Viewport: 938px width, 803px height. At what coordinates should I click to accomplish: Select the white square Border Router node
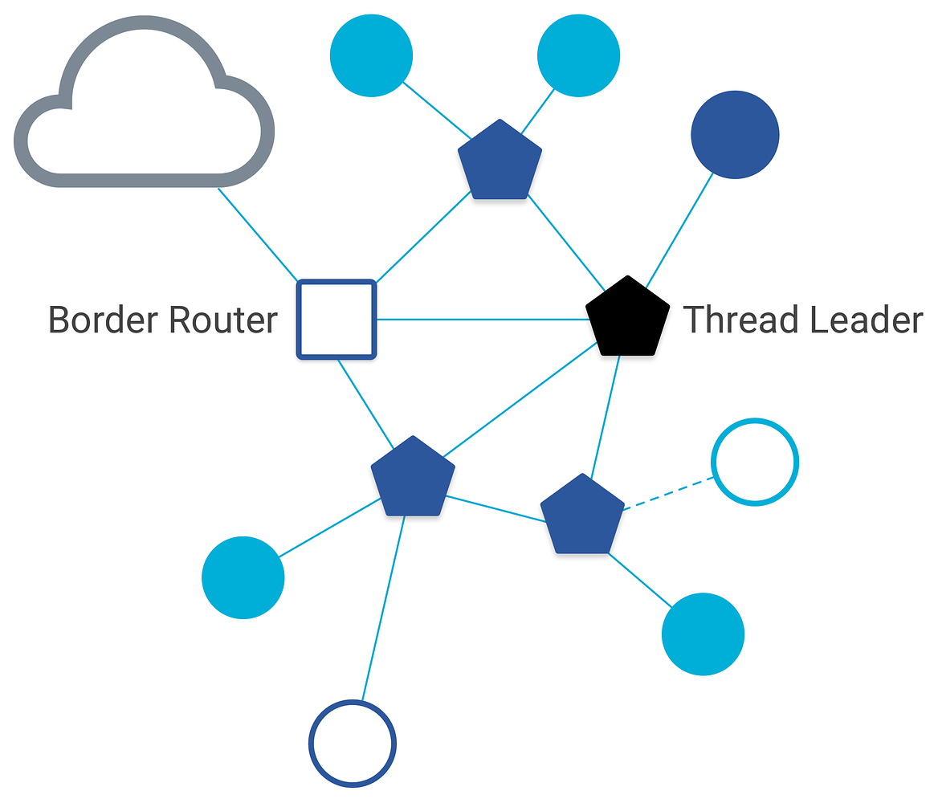tap(336, 320)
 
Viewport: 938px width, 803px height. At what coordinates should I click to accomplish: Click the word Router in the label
tap(222, 320)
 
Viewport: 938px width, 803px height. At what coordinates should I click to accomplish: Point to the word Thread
tap(740, 320)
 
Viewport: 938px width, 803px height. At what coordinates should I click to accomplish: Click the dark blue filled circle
tap(735, 135)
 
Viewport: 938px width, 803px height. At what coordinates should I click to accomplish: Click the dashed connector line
tap(669, 493)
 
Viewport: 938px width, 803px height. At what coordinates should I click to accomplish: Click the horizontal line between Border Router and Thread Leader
tap(482, 320)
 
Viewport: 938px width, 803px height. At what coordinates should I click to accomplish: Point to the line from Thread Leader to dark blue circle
tap(680, 226)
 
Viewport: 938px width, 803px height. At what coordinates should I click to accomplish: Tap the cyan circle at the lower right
tap(703, 634)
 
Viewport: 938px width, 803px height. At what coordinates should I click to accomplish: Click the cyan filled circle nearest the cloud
tap(371, 55)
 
